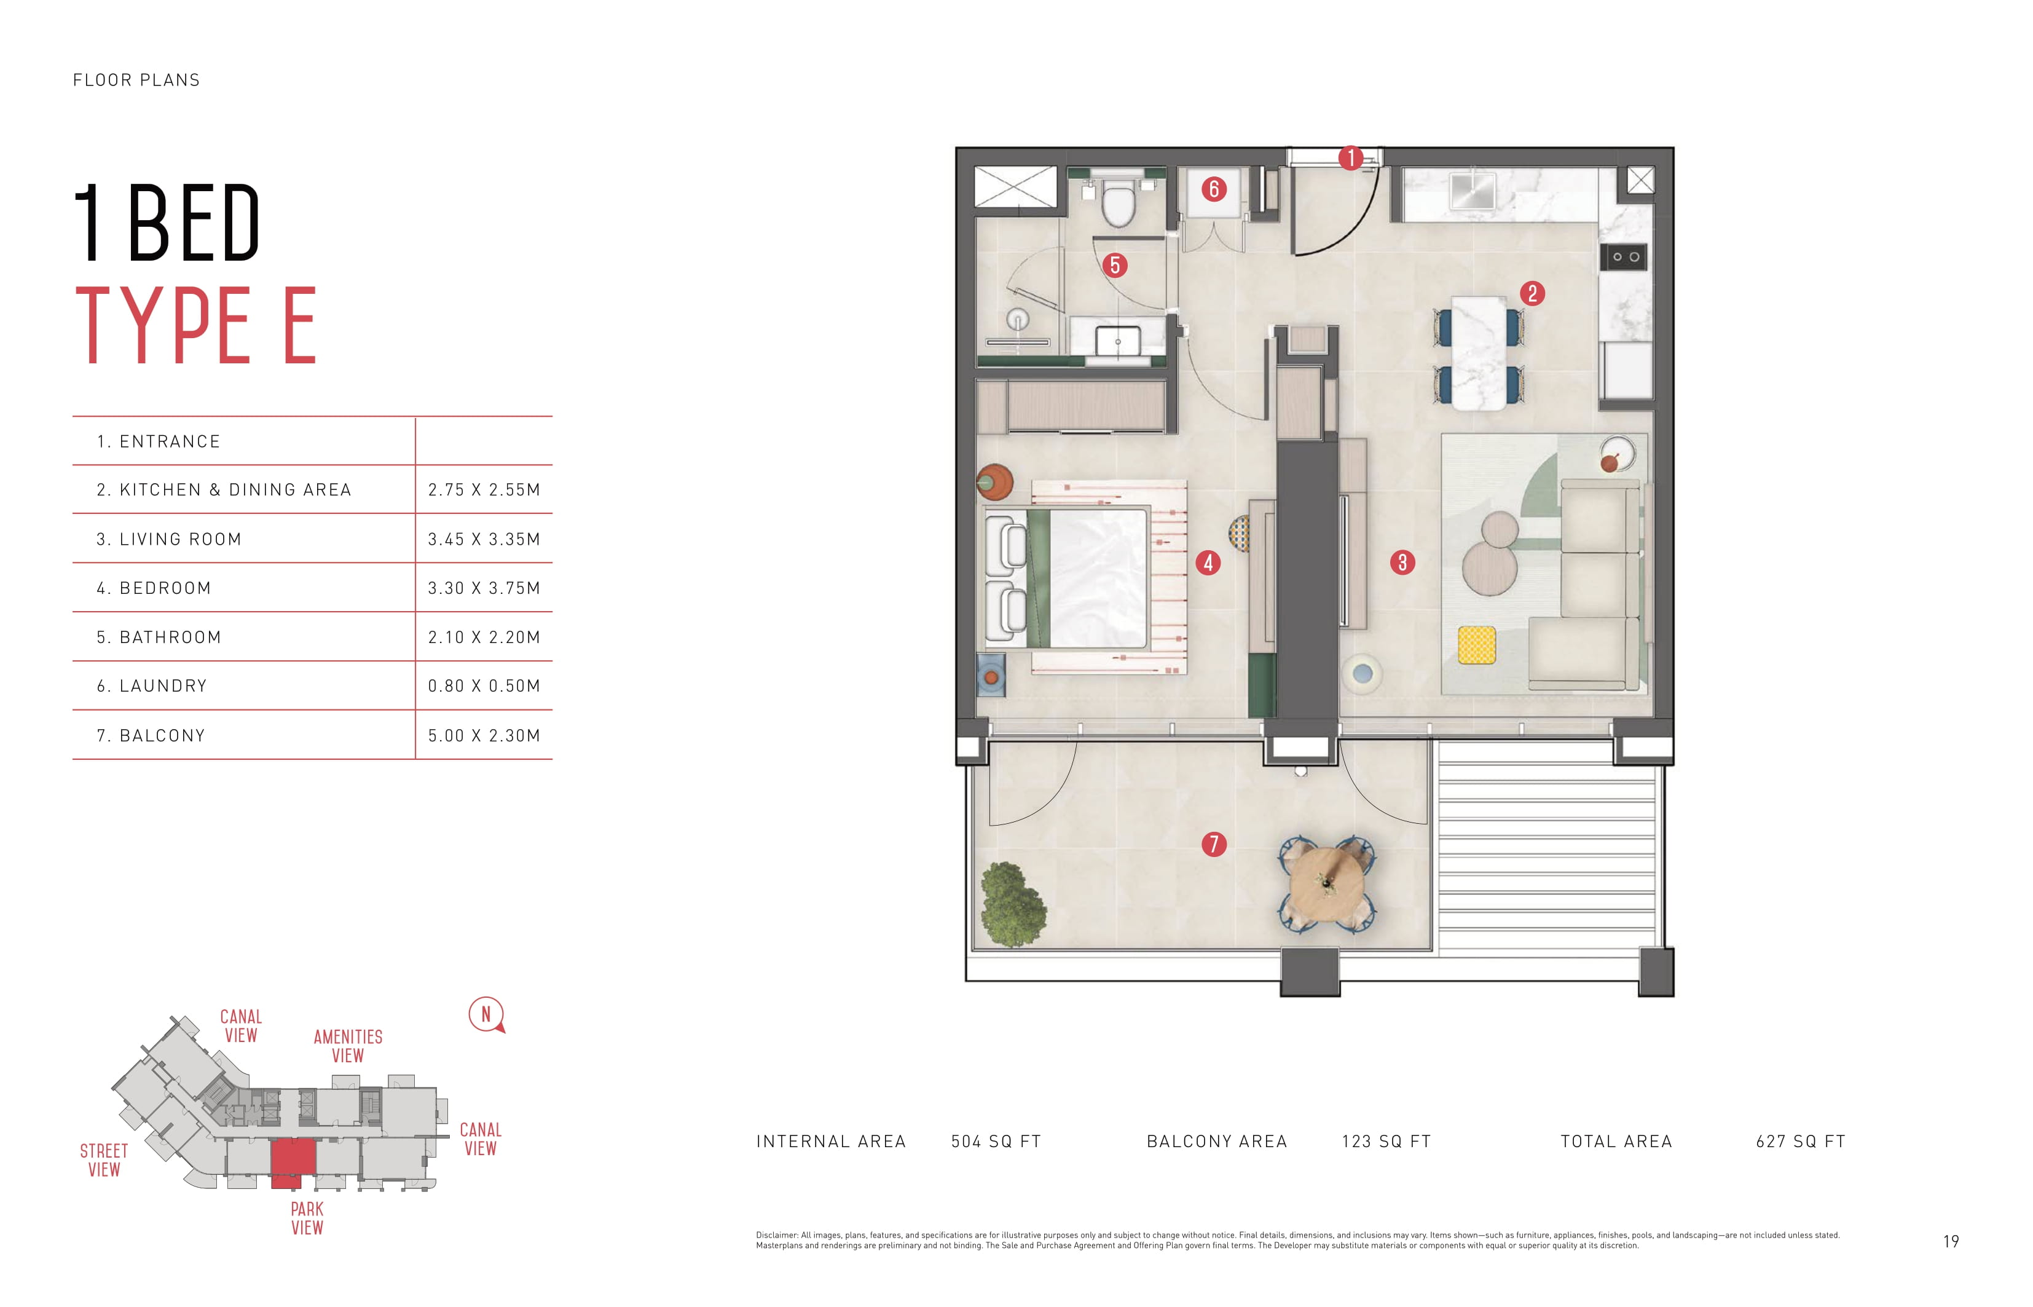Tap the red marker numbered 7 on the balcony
tap(1213, 843)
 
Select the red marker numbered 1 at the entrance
tap(1350, 158)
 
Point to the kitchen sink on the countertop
tap(1472, 190)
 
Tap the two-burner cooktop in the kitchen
tap(1625, 257)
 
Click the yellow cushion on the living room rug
tap(1476, 645)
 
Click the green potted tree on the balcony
tap(1012, 905)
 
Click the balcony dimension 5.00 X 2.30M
tap(484, 736)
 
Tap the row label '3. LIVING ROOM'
tap(169, 539)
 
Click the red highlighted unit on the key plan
tap(293, 1163)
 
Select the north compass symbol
tap(486, 1015)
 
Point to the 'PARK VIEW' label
tap(307, 1218)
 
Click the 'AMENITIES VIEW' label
tap(348, 1046)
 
